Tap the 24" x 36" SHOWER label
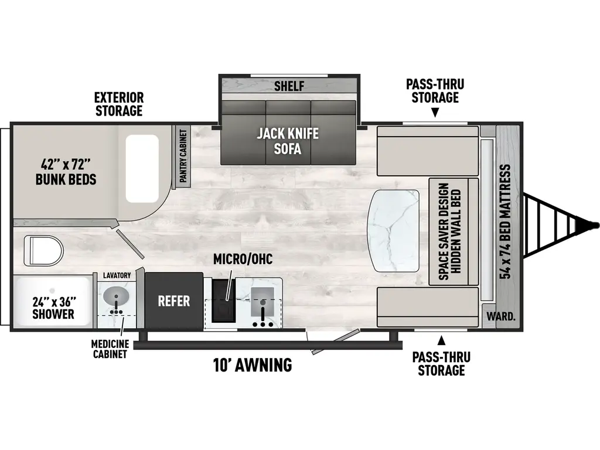[x=53, y=308]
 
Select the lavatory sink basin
[x=116, y=298]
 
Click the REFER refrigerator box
[x=174, y=301]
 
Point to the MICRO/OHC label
[x=243, y=259]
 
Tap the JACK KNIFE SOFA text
[x=287, y=141]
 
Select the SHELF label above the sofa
[x=289, y=86]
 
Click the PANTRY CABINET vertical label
[x=182, y=156]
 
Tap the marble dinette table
[x=394, y=231]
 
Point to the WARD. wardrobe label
[x=500, y=318]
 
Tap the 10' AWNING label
[x=253, y=366]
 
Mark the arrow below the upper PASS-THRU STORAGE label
[x=435, y=112]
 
